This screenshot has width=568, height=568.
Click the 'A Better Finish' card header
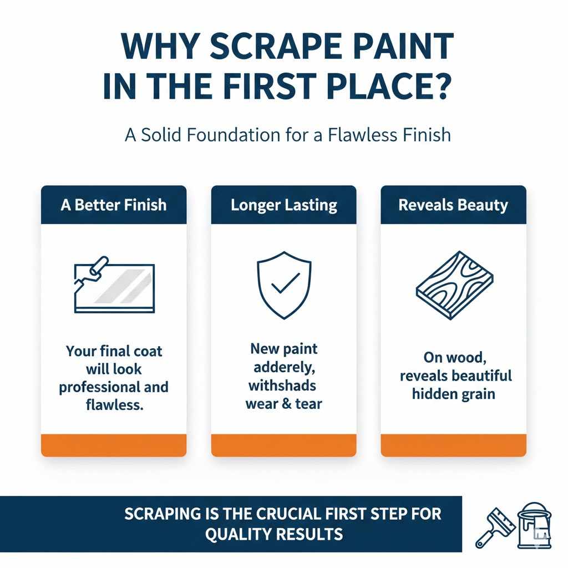click(x=114, y=205)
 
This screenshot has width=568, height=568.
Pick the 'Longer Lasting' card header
click(x=283, y=205)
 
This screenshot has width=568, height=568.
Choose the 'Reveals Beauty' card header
click(x=453, y=205)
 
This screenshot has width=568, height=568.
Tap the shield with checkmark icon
click(x=283, y=286)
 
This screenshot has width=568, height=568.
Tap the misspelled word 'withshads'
click(x=282, y=385)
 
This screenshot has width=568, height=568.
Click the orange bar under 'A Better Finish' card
click(x=114, y=445)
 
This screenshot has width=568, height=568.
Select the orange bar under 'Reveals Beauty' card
click(x=453, y=445)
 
